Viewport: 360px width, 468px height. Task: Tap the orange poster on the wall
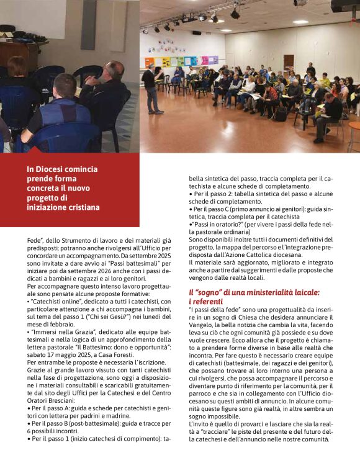pyautogui.click(x=149, y=63)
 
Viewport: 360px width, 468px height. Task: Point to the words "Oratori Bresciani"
pyautogui.click(x=58, y=397)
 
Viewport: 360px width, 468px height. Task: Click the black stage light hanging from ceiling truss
pyautogui.click(x=235, y=14)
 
